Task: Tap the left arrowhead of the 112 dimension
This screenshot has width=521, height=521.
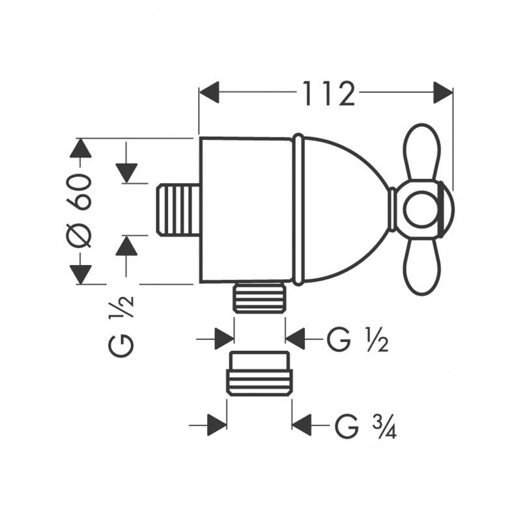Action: click(209, 92)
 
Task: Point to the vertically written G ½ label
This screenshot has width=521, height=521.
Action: click(123, 324)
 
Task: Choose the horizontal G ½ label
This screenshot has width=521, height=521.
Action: click(358, 339)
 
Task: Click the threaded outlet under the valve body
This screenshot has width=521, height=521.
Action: click(259, 298)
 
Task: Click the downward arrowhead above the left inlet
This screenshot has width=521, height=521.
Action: click(126, 172)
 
